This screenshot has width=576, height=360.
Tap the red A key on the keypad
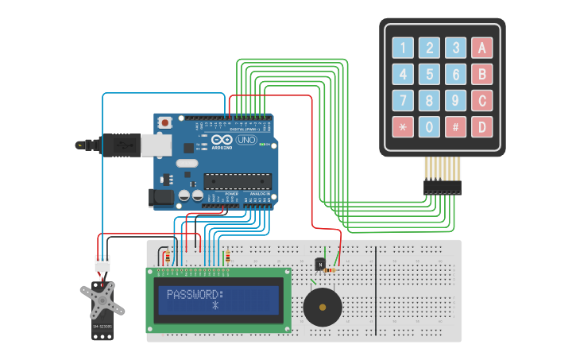pos(481,48)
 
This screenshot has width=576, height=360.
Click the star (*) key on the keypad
pos(403,126)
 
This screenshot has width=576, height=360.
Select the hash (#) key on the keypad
pos(455,126)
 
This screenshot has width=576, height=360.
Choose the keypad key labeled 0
pos(429,126)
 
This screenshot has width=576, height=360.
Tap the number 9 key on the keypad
pos(455,100)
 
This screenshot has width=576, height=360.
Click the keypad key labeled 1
pos(403,48)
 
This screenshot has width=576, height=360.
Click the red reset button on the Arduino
pos(165,122)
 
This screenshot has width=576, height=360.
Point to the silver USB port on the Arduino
pos(156,145)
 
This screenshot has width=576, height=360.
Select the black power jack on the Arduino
pos(161,198)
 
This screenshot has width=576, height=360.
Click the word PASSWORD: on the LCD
pos(195,294)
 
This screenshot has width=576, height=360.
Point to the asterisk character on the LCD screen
pos(215,306)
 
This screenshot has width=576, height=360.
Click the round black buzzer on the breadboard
pos(323,306)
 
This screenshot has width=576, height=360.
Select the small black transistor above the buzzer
pos(320,264)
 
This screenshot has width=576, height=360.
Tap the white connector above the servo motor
pos(102,263)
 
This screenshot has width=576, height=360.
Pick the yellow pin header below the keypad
pos(442,168)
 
